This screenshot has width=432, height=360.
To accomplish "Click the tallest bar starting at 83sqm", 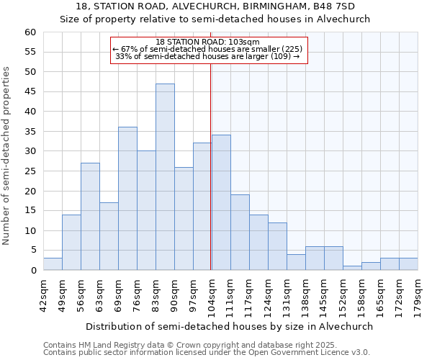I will click(165, 177).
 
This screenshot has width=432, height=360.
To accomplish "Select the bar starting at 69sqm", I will click(127, 199).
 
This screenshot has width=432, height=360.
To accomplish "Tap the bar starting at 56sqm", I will click(90, 217).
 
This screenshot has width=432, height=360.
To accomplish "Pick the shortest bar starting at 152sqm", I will click(352, 268).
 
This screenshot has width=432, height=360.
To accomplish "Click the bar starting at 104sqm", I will click(221, 202).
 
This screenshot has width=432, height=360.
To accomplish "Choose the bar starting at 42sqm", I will click(53, 264).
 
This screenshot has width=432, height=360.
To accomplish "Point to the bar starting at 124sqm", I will click(277, 246).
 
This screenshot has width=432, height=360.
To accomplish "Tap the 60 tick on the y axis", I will click(30, 32).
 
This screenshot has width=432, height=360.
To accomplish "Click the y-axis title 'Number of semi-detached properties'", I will click(6, 156).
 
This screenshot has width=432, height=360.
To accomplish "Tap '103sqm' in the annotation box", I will click(244, 42).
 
